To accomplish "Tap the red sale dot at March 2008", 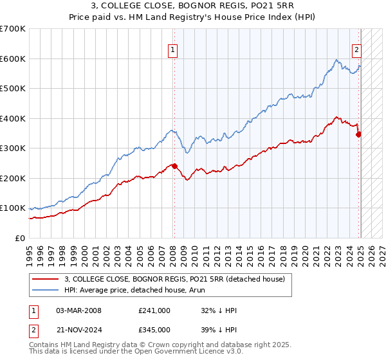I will pyautogui.click(x=174, y=166).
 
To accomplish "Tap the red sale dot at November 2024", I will pyautogui.click(x=359, y=134).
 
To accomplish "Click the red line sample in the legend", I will pyautogui.click(x=46, y=278).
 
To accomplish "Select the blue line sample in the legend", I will pyautogui.click(x=46, y=290).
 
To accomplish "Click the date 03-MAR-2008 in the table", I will pyautogui.click(x=79, y=310).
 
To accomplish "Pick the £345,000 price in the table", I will pyautogui.click(x=154, y=329).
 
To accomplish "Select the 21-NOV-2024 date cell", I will pyautogui.click(x=79, y=329).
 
